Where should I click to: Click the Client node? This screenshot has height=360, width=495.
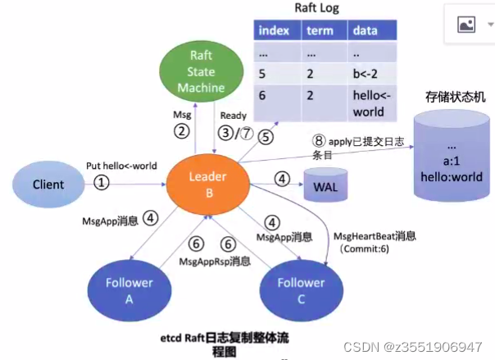click(x=48, y=185)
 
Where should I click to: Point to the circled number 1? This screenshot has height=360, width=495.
click(x=101, y=183)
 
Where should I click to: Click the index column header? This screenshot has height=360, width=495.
click(x=273, y=30)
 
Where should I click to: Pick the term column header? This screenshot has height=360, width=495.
click(x=319, y=30)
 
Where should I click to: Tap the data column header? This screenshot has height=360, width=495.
click(x=366, y=30)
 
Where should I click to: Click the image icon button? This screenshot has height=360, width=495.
click(x=466, y=25)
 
